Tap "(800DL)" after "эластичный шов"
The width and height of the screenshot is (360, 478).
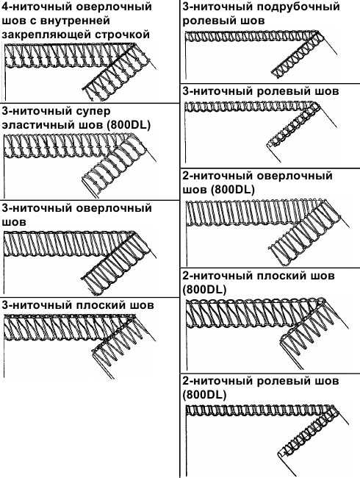coord(129,126)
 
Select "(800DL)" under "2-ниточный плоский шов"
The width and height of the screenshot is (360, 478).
coord(204,289)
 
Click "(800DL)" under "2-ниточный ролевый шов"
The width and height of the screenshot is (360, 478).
coord(204,395)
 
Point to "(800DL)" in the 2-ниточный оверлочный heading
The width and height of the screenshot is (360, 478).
coord(232,190)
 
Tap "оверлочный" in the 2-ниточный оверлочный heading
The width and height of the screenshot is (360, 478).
coord(295,176)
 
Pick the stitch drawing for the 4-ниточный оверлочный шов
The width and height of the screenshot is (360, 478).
coord(80,71)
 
